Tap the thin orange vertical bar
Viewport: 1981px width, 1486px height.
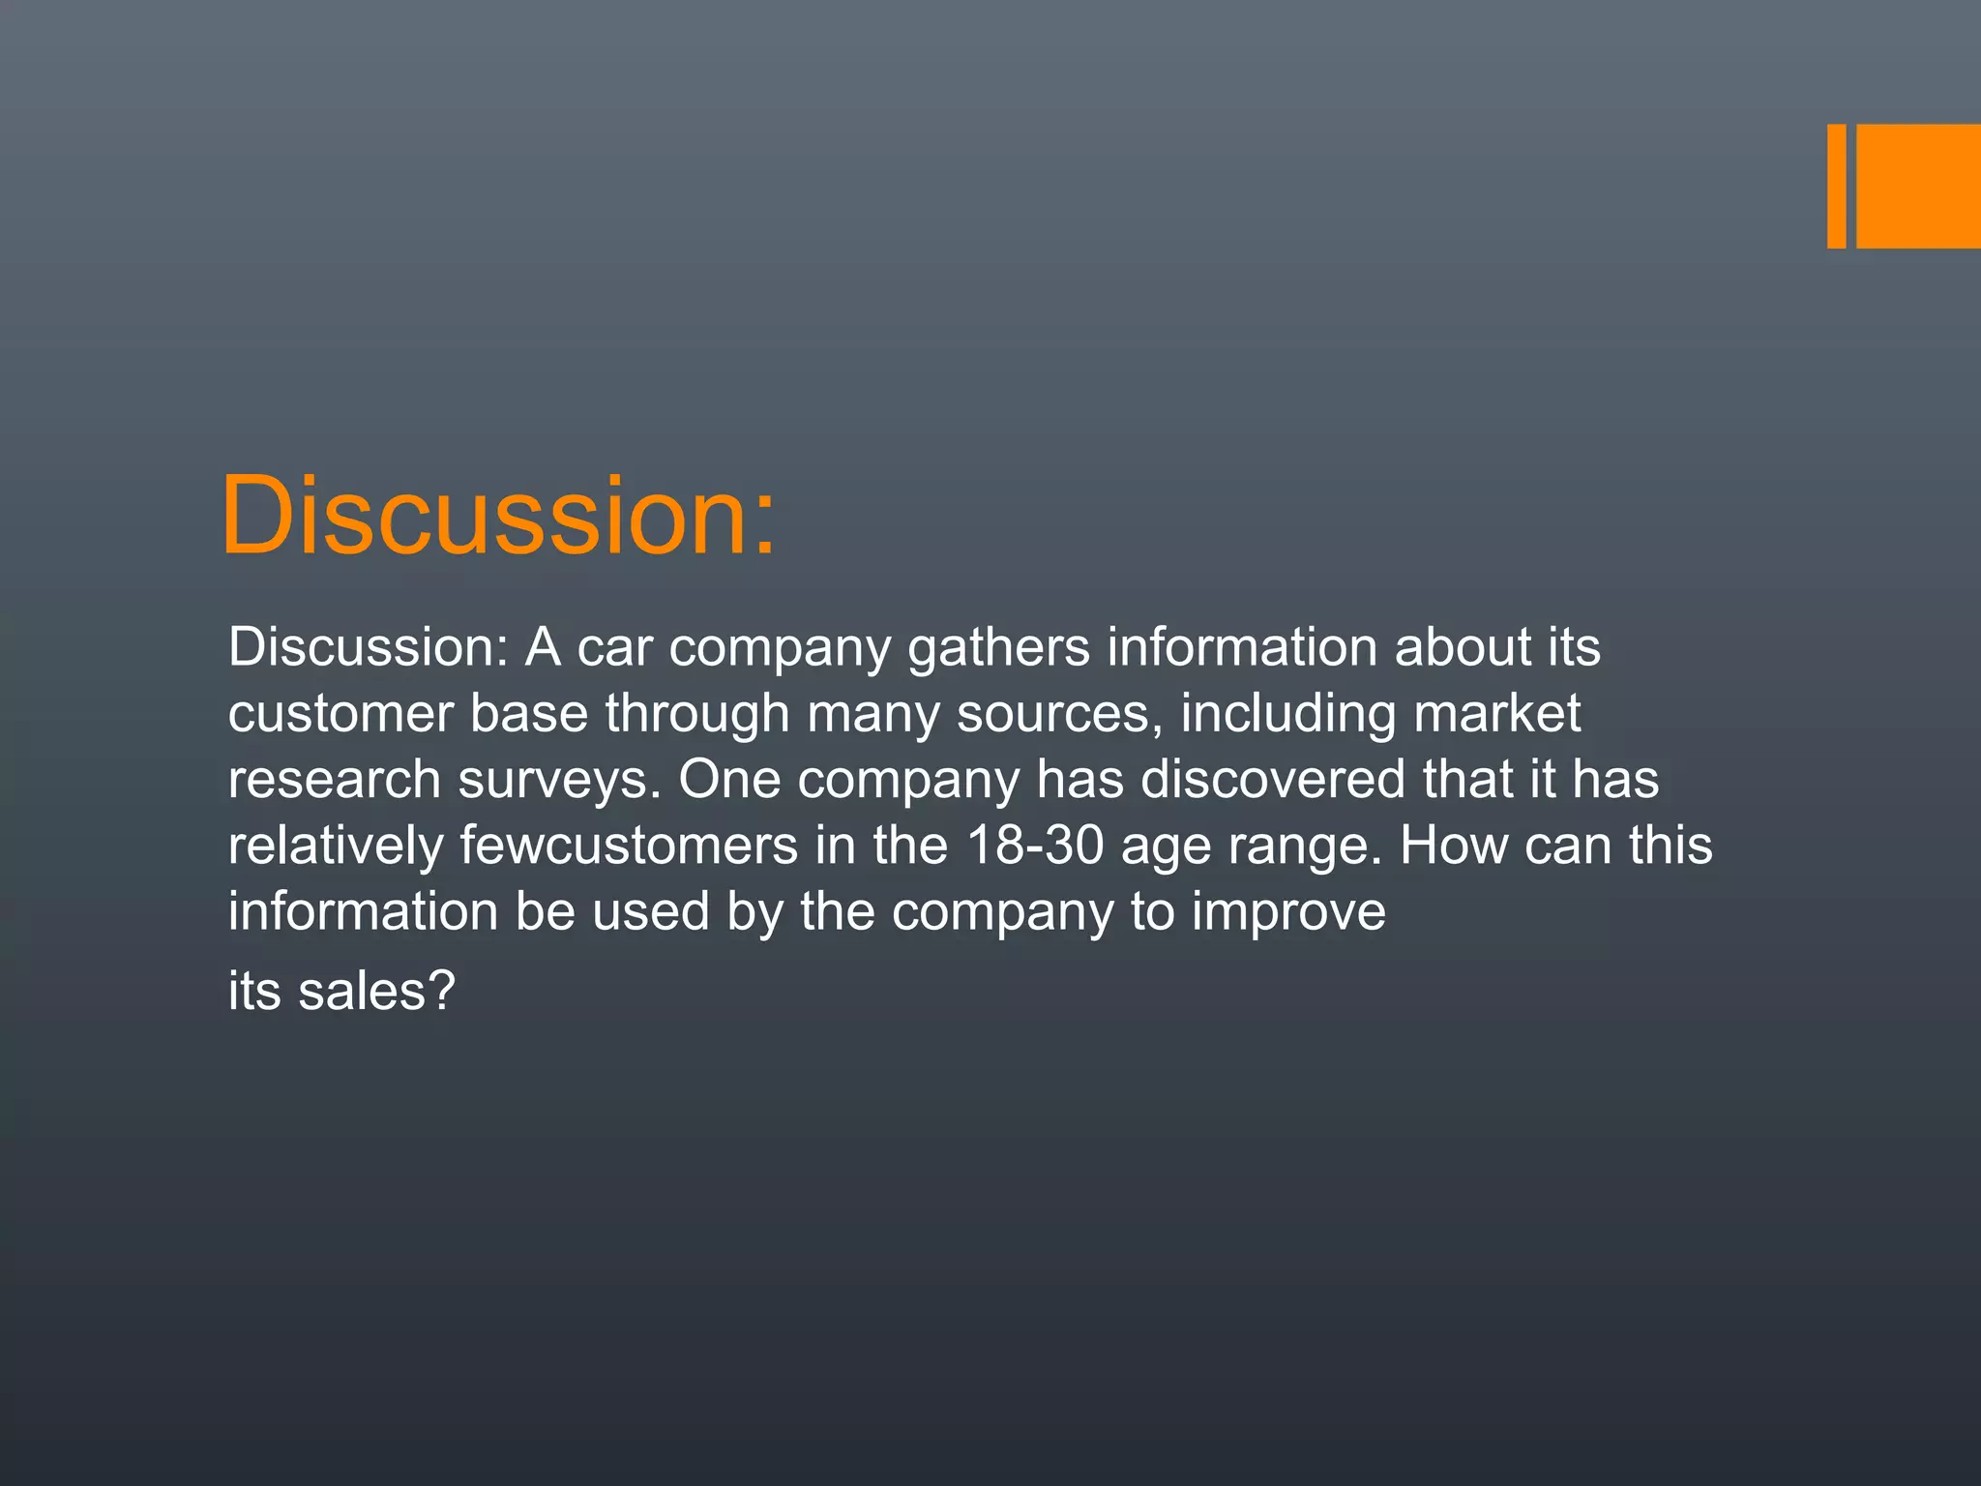1836,186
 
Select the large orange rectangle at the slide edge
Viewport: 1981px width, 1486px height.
1918,186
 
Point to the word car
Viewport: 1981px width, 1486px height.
614,647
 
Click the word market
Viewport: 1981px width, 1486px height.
1496,714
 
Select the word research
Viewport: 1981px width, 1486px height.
334,780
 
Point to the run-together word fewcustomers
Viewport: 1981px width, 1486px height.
629,846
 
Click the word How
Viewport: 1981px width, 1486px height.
1453,846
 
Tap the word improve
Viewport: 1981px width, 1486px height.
1288,912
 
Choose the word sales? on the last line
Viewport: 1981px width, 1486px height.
376,991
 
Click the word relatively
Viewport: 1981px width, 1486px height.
335,846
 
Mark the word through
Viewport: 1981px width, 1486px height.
697,714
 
